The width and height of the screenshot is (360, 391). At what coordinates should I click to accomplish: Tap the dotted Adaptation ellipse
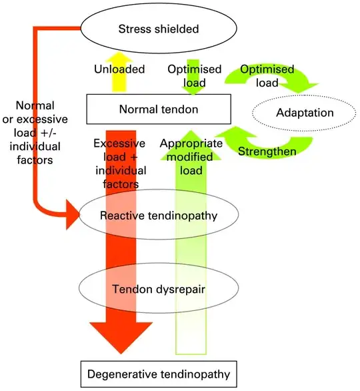coord(305,113)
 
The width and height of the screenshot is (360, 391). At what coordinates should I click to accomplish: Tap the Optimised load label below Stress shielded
coord(195,76)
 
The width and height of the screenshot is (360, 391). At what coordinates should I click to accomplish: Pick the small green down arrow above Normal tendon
coord(195,64)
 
